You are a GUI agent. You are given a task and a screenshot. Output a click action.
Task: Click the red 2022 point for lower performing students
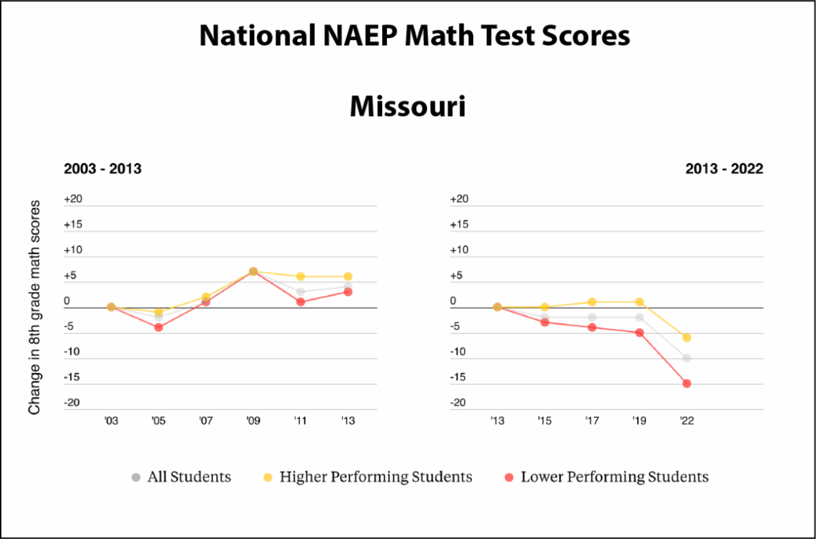click(687, 383)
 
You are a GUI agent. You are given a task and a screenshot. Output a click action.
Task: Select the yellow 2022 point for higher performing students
click(687, 338)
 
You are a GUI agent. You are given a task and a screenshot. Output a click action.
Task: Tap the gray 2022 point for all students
click(687, 358)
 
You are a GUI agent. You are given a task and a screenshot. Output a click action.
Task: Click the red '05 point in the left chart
click(158, 328)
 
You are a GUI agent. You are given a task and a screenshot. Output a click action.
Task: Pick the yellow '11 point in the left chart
click(301, 277)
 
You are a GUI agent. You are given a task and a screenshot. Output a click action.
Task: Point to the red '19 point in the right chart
click(639, 332)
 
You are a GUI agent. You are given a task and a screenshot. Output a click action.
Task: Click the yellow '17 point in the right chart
click(592, 302)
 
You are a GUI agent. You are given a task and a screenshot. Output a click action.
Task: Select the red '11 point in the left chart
click(301, 302)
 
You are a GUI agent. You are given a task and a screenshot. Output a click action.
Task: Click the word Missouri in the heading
click(407, 107)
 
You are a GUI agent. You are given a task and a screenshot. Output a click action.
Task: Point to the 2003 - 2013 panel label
click(103, 169)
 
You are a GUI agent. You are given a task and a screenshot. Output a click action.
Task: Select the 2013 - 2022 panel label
click(724, 169)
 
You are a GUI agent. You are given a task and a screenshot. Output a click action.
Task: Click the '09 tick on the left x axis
click(253, 421)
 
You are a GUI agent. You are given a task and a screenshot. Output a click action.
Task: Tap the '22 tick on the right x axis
click(687, 421)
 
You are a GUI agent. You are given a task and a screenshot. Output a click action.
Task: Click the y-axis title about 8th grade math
click(35, 307)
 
